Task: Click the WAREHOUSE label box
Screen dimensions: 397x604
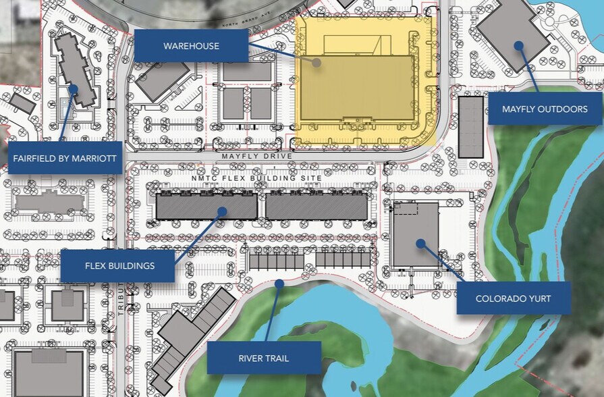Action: [191, 46]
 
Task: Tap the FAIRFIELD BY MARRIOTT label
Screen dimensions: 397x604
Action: [65, 159]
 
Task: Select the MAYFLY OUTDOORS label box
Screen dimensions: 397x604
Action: [545, 109]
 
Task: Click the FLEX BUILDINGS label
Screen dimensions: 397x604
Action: [119, 265]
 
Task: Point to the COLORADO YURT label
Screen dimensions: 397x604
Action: [514, 298]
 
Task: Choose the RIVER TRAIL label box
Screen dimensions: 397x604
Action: [263, 358]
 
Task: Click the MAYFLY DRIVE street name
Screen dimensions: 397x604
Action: [258, 156]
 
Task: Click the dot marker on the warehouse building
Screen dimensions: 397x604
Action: [317, 61]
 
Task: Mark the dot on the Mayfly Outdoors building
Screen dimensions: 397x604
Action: [518, 46]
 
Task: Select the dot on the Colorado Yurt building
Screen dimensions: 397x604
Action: [420, 242]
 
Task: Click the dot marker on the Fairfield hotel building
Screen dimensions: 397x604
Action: [73, 88]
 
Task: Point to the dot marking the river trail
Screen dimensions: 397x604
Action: [279, 285]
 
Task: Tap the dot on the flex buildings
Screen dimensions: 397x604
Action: [221, 212]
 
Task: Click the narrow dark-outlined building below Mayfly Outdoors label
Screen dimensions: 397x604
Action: [471, 127]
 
